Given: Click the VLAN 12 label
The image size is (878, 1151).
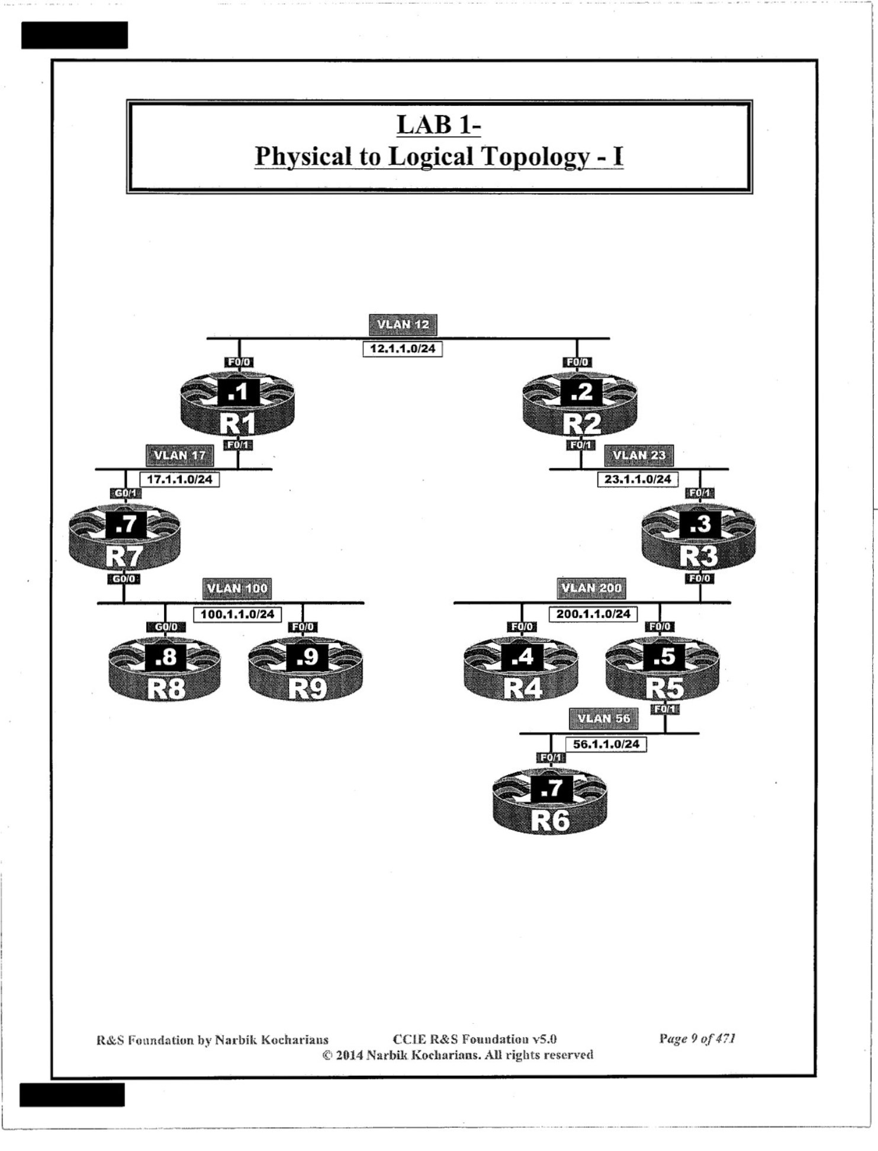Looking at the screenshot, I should [403, 324].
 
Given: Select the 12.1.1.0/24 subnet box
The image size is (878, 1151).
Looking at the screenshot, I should [402, 349].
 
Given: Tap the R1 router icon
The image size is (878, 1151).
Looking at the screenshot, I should [237, 405].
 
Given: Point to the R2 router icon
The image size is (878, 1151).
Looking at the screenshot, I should [580, 405].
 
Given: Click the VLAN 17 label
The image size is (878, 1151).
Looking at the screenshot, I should [179, 455].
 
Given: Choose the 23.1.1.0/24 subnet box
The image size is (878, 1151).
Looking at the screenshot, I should [638, 479].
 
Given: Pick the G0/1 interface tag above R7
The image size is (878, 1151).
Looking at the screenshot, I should [126, 493].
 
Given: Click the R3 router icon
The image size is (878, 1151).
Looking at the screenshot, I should [699, 538].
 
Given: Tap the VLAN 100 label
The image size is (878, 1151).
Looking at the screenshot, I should [237, 588].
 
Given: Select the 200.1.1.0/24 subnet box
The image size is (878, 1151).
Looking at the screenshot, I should [593, 614].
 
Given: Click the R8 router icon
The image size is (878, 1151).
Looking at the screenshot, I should [165, 670].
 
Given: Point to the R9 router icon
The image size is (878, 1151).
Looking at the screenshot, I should [306, 670].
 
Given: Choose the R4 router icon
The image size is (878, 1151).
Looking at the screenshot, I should [521, 670].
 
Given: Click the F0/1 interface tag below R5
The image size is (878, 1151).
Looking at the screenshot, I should [665, 709].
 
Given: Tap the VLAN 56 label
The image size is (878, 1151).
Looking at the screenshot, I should [603, 719].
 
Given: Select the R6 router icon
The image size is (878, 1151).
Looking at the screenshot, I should [550, 802].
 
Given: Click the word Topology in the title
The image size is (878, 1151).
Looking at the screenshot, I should [535, 156].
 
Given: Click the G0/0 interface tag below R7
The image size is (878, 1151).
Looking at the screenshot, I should [124, 578].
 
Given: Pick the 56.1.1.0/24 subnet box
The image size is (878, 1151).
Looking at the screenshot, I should [606, 744].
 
